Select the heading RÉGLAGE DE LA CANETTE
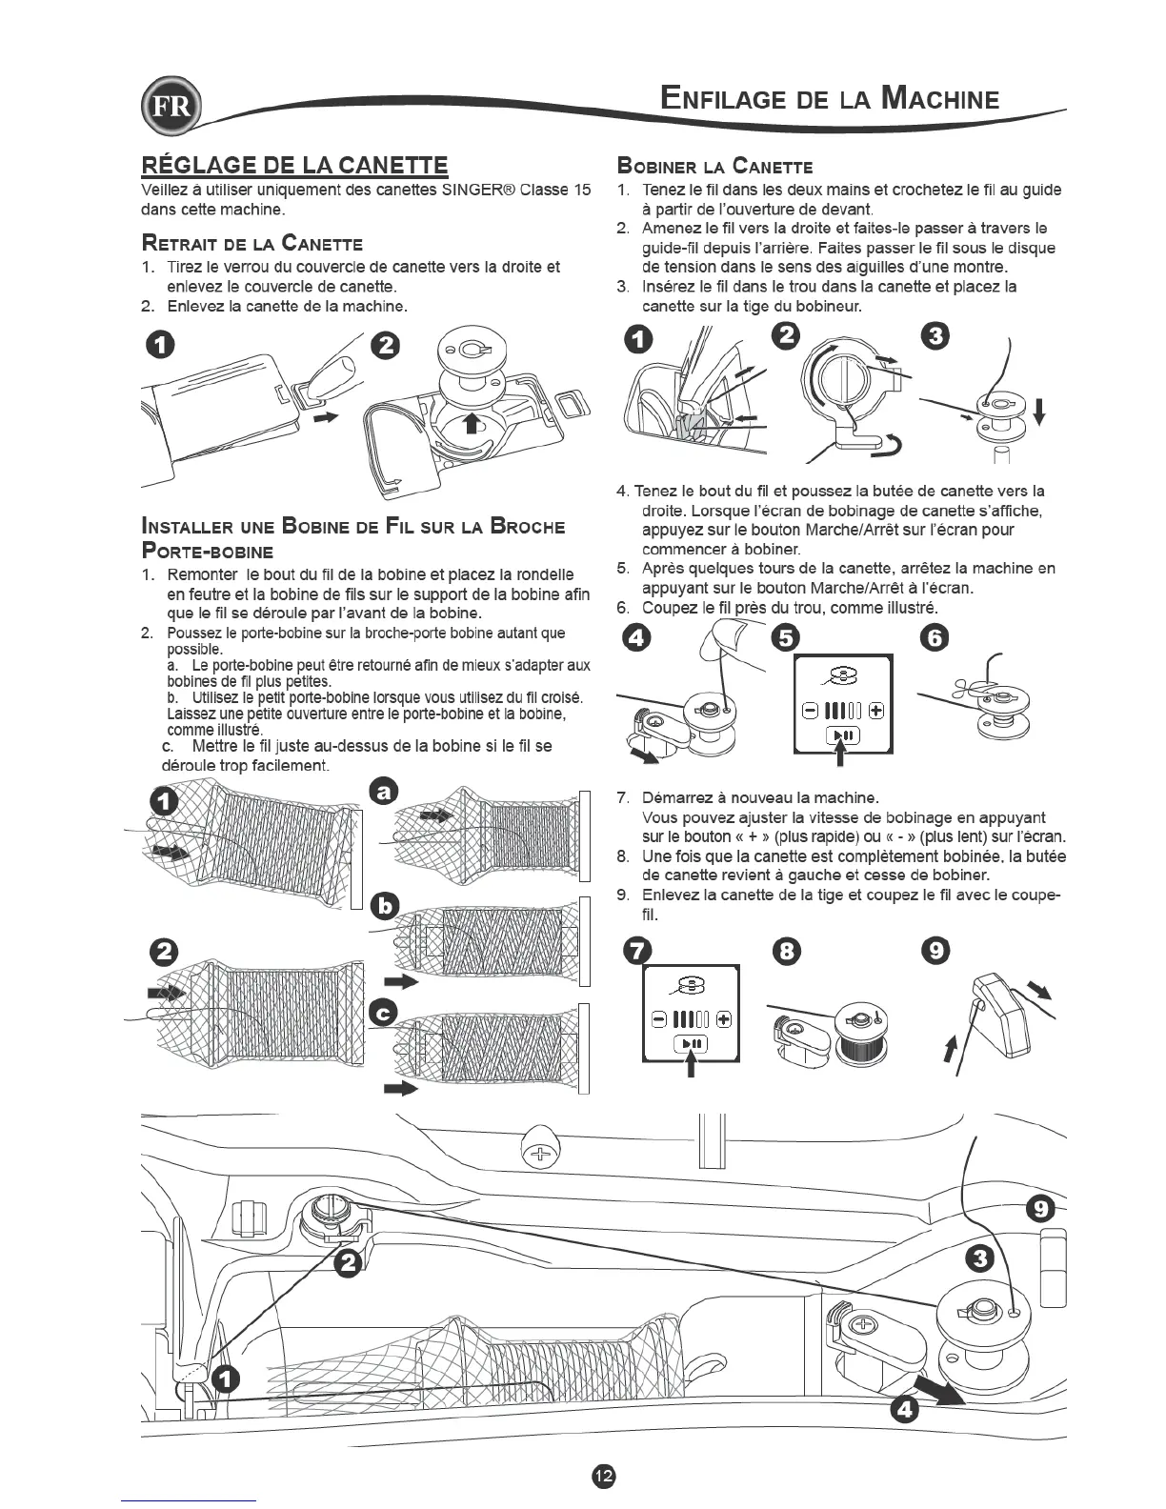click(294, 165)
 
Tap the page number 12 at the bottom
click(604, 1474)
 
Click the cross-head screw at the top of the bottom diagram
click(540, 1155)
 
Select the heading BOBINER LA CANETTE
click(714, 166)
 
